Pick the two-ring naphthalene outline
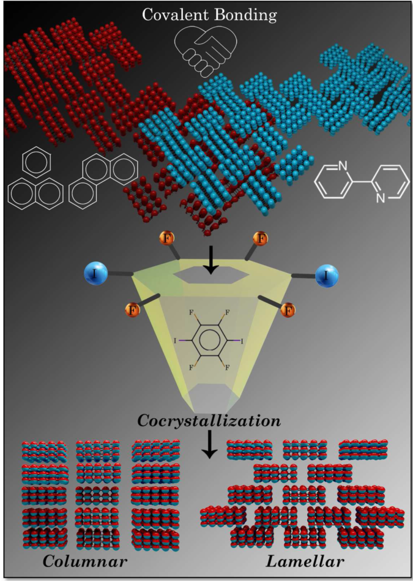tap(35, 193)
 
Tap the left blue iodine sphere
tap(96, 274)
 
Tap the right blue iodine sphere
tap(327, 276)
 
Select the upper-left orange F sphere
tap(167, 238)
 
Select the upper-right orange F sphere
tap(261, 238)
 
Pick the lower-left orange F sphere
tap(133, 310)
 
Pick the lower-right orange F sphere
tap(288, 310)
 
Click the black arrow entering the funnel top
tap(210, 260)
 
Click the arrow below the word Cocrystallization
tap(210, 444)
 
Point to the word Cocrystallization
tap(209, 421)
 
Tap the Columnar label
tap(85, 561)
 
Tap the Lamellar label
tap(305, 561)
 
